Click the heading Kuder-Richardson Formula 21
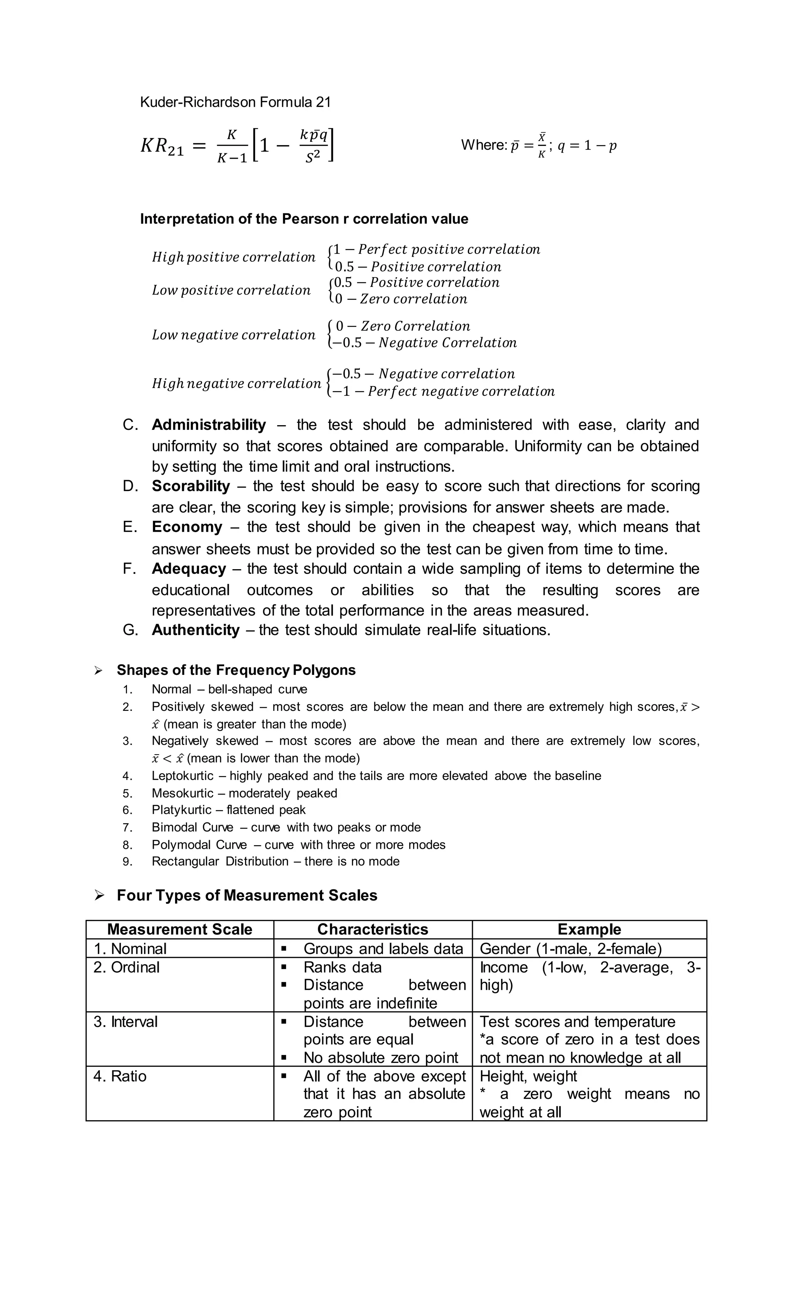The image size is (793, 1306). click(x=235, y=102)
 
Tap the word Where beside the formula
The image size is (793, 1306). click(x=483, y=145)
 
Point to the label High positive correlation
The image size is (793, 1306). click(x=233, y=257)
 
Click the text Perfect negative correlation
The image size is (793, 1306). click(x=461, y=392)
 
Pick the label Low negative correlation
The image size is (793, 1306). click(x=233, y=335)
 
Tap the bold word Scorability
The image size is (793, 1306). click(x=191, y=486)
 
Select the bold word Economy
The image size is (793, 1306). click(x=187, y=527)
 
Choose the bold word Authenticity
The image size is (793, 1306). click(x=196, y=630)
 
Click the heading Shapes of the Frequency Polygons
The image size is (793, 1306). click(x=236, y=670)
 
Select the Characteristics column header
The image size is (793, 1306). click(x=372, y=929)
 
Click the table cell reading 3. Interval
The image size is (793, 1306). click(x=125, y=1022)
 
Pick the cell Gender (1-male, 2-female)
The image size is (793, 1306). click(x=571, y=949)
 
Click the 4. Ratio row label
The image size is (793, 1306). click(x=120, y=1076)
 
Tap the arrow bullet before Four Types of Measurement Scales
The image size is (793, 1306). click(x=99, y=896)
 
